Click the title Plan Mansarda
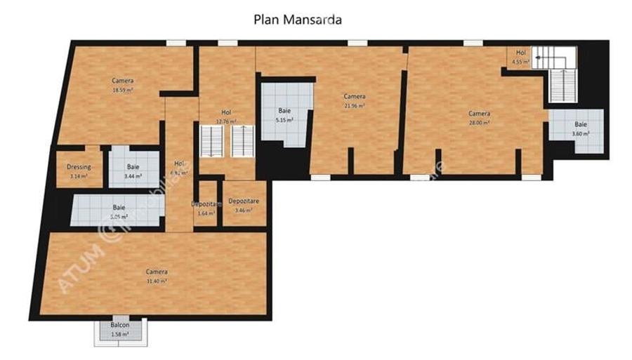(x=298, y=20)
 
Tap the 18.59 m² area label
(x=123, y=91)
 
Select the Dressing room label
(x=79, y=167)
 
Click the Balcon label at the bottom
(x=119, y=326)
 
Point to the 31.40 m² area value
(x=156, y=281)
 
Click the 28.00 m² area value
(x=480, y=122)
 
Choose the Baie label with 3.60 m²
(x=580, y=124)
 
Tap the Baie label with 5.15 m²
(x=284, y=111)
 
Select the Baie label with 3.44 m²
(x=133, y=167)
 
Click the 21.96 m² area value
(x=353, y=105)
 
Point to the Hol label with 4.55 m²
(x=520, y=53)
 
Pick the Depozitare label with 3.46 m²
(x=244, y=201)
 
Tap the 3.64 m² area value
(x=206, y=213)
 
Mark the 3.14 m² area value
(x=79, y=176)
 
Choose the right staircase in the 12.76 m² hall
(x=242, y=140)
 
